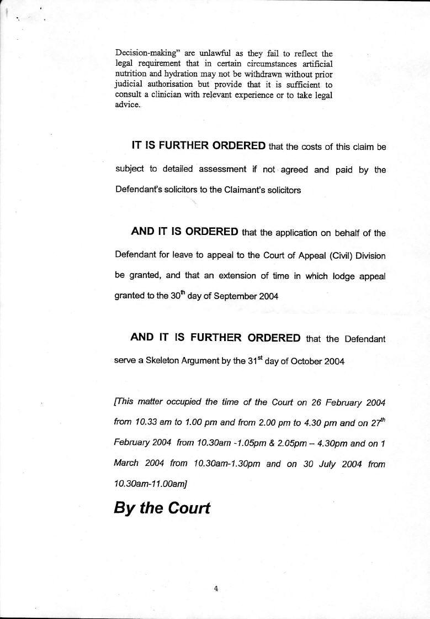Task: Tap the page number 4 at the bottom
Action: [x=216, y=589]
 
